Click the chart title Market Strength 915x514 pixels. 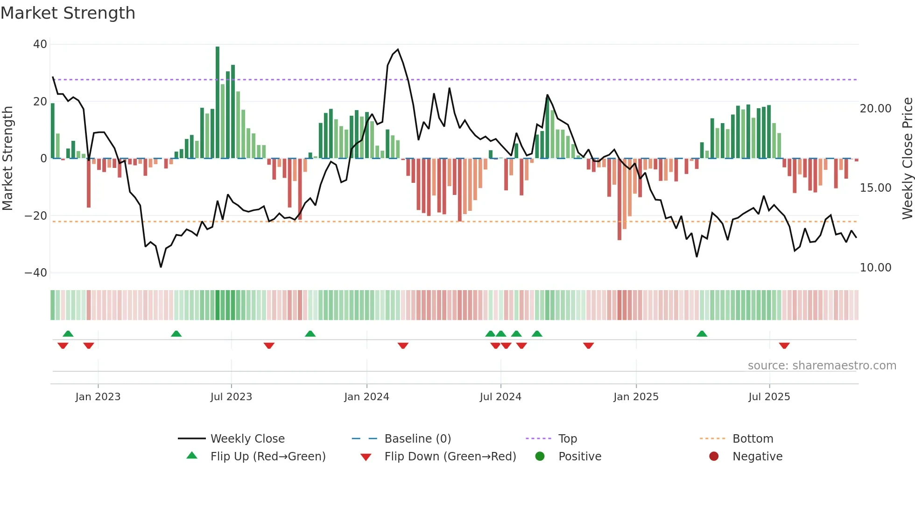tap(68, 13)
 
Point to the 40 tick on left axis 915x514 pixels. tap(40, 44)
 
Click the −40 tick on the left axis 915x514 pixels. tap(36, 273)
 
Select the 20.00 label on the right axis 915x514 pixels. tap(875, 109)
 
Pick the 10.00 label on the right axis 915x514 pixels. tap(875, 268)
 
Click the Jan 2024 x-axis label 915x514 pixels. tap(366, 397)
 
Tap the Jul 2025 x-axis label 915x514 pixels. tap(769, 397)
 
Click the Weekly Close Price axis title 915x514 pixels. tap(907, 159)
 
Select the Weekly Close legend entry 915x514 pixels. tap(247, 439)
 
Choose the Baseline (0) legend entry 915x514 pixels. tap(417, 439)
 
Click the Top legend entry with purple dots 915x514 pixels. tap(567, 439)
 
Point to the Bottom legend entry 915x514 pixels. tap(753, 439)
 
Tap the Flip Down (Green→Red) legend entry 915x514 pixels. tap(450, 457)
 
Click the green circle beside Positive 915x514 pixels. tap(540, 457)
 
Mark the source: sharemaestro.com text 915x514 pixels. tap(822, 366)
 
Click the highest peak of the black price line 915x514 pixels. tap(398, 49)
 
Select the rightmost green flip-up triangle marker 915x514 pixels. tap(702, 333)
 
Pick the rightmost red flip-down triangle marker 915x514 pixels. tap(784, 346)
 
